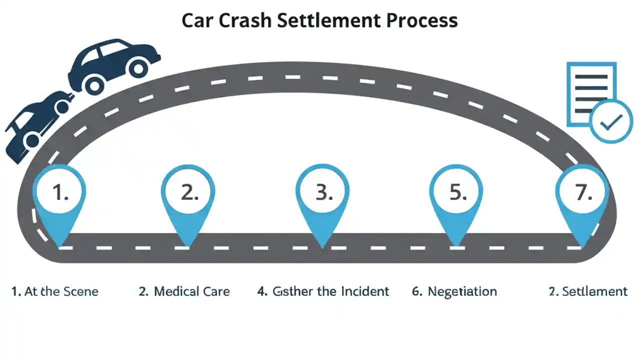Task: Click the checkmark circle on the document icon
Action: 611,121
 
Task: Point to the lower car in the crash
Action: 37,122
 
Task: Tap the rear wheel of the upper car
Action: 94,85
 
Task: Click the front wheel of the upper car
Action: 138,67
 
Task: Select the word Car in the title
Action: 195,20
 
